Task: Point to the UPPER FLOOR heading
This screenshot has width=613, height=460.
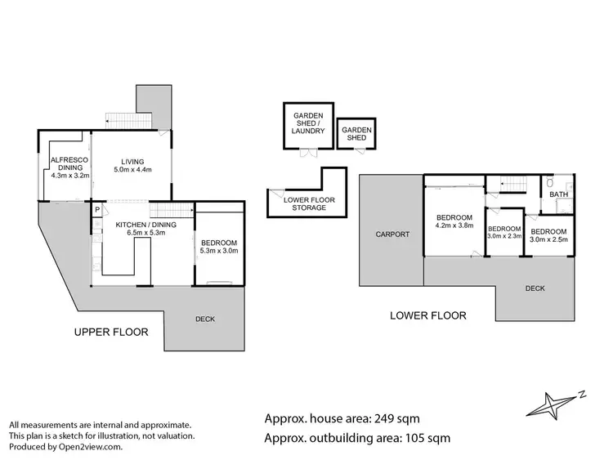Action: (x=111, y=332)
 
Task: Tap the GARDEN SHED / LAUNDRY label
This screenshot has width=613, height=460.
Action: (x=308, y=127)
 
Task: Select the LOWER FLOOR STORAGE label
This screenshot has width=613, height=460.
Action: (x=305, y=204)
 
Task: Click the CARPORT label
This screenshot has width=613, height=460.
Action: (x=392, y=234)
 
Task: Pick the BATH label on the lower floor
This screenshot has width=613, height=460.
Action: (x=558, y=194)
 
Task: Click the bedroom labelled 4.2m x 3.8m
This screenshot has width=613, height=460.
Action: (x=454, y=221)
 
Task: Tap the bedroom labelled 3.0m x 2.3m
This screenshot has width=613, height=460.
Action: (x=504, y=233)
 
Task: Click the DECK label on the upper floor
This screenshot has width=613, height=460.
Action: (x=204, y=319)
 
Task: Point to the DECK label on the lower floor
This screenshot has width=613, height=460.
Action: (x=535, y=288)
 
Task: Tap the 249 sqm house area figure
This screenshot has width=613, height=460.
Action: (x=394, y=419)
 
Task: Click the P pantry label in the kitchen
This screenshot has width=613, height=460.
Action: (x=96, y=210)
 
